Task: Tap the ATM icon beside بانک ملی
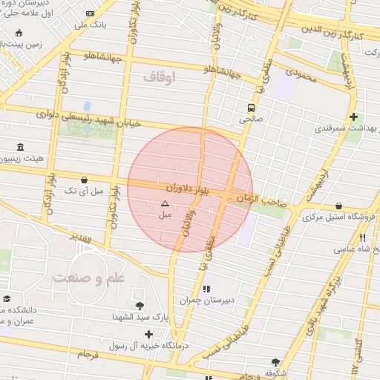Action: click(x=91, y=14)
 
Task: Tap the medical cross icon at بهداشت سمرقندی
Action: click(x=353, y=117)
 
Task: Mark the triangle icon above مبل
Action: click(x=165, y=203)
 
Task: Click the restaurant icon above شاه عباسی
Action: click(x=362, y=238)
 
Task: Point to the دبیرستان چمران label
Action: click(x=206, y=301)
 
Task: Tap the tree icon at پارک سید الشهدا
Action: click(x=140, y=305)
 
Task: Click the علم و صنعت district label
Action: click(x=79, y=278)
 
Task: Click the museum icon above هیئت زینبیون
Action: click(x=19, y=146)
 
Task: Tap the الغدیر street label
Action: click(x=81, y=239)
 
